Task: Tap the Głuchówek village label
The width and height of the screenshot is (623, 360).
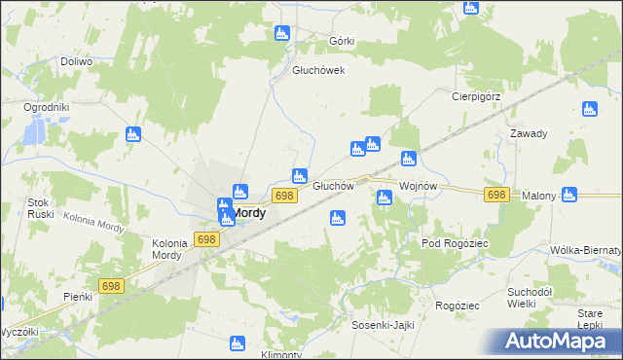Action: [x=319, y=70]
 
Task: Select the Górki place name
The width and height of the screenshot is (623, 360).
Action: [x=342, y=41]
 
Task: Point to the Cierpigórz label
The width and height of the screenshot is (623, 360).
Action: [x=475, y=96]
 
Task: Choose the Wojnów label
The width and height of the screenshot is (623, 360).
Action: [x=422, y=186]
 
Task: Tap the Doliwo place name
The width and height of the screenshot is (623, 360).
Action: [x=76, y=61]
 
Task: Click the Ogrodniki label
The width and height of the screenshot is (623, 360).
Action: [x=47, y=107]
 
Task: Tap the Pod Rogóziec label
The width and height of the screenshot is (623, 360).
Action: [x=454, y=243]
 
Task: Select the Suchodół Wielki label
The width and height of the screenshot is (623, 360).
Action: [x=531, y=298]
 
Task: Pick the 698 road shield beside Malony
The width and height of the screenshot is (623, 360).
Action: [x=496, y=195]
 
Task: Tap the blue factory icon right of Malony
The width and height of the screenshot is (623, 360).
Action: [x=569, y=195]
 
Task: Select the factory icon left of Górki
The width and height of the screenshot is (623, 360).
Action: [x=282, y=34]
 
